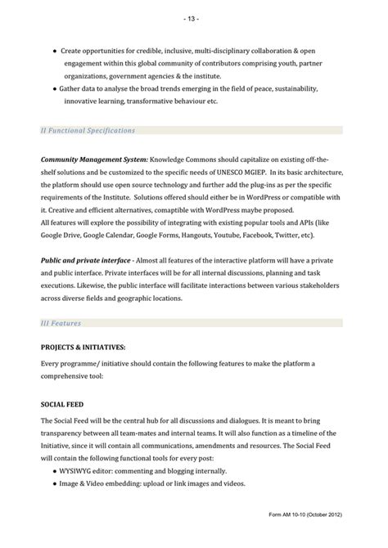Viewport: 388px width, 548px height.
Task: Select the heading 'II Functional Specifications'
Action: (88, 130)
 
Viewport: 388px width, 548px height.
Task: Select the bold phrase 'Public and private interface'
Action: (88, 258)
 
